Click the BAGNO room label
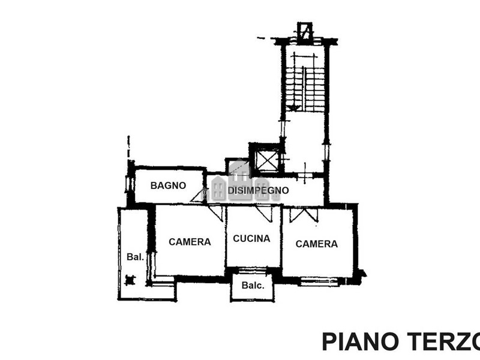click(x=168, y=185)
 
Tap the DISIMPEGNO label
click(x=258, y=190)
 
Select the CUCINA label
click(x=251, y=238)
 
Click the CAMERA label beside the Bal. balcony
click(x=190, y=242)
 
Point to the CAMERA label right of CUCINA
click(x=317, y=244)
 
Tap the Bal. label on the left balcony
click(x=136, y=257)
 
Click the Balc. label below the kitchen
click(x=253, y=286)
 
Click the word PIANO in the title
click(x=361, y=341)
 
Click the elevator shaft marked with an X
click(x=267, y=160)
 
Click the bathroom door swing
click(x=199, y=196)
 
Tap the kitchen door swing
click(x=264, y=214)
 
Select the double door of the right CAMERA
click(x=304, y=214)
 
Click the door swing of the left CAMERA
click(x=216, y=213)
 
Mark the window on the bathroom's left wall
click(x=128, y=184)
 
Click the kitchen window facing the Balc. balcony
click(x=253, y=271)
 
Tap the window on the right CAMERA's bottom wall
click(x=319, y=281)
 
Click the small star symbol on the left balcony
click(x=130, y=280)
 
